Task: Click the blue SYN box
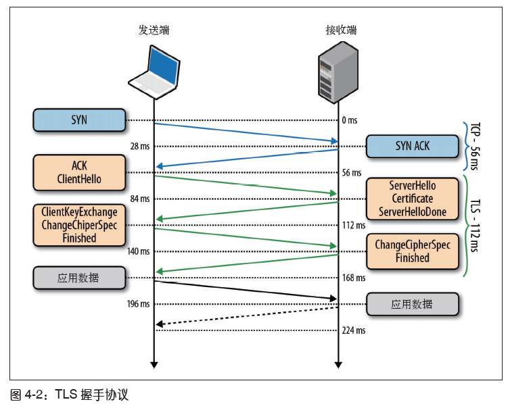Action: coord(79,120)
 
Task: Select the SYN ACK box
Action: coord(413,146)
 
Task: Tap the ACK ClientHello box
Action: coord(79,172)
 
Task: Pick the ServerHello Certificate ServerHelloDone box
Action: coord(413,199)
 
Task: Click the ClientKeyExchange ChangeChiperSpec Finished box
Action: coord(79,225)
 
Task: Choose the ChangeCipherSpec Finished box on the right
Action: coord(413,251)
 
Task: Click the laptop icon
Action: coord(154,72)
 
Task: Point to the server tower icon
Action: coord(338,72)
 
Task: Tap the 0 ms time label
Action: coord(350,120)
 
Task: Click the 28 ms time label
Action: coord(140,147)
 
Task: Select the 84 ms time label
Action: coord(140,199)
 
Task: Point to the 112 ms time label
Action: coord(354,225)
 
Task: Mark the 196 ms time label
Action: coord(138,304)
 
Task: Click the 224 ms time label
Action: coord(354,330)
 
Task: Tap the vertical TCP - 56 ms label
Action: coord(475,146)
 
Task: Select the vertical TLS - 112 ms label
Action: coord(475,226)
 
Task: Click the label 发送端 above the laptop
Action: coord(154,30)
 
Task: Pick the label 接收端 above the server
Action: coord(341,30)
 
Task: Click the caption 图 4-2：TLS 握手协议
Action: coord(69,395)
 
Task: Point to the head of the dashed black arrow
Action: coord(156,324)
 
